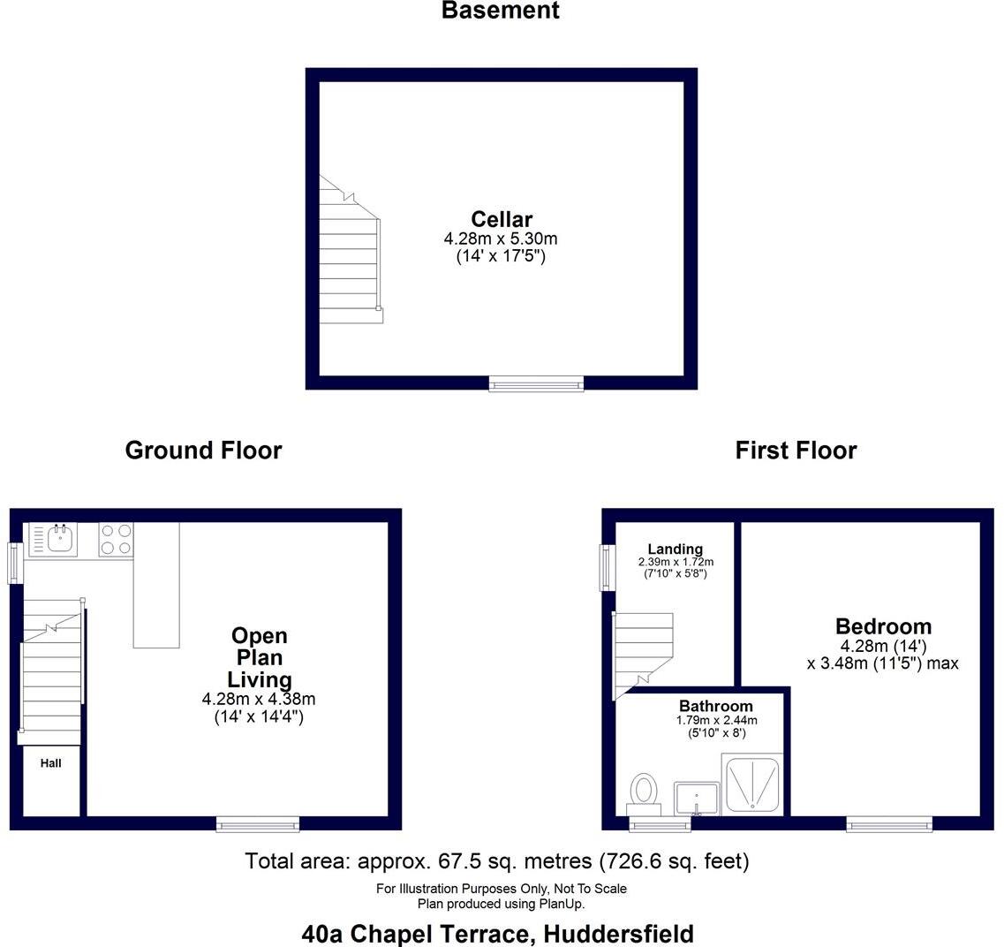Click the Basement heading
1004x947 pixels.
tap(500, 11)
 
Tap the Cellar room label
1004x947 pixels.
tap(501, 219)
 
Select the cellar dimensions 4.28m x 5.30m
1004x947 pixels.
tap(501, 239)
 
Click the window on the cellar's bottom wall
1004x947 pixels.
tap(536, 383)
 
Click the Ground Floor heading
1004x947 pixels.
tap(203, 451)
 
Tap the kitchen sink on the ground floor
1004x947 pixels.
tap(59, 539)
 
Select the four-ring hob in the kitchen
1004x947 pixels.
tap(116, 539)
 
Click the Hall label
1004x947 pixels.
tap(51, 763)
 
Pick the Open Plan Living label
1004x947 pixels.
tap(259, 657)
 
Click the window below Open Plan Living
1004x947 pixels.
tap(258, 823)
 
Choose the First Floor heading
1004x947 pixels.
tap(796, 451)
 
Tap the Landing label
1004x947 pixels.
tap(675, 549)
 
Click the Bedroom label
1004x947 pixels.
tap(883, 627)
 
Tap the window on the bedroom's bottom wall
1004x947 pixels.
tap(889, 823)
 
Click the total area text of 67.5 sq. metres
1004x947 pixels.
tap(496, 861)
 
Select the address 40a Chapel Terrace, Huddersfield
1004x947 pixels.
tap(497, 934)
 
